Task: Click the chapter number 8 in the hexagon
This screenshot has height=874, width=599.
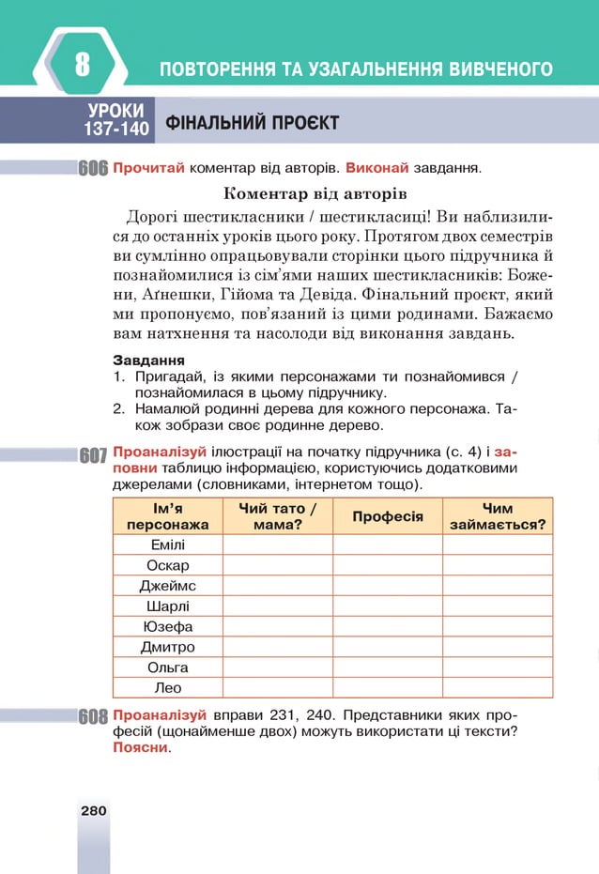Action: tap(83, 66)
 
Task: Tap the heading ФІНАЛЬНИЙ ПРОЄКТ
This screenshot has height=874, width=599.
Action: tap(252, 123)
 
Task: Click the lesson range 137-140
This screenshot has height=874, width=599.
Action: tap(117, 129)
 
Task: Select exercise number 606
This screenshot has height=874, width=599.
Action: tap(93, 170)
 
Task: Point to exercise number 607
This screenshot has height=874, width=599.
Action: tap(93, 456)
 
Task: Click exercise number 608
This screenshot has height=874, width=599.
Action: tap(93, 718)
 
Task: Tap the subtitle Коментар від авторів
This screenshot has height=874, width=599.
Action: tap(315, 195)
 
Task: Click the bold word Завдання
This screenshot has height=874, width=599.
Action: tap(148, 360)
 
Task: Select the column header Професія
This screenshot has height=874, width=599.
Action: tap(388, 516)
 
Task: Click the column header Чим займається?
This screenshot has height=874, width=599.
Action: tap(498, 516)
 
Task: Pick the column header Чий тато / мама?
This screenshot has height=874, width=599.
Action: tap(278, 516)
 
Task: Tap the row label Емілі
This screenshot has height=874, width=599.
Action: tap(168, 544)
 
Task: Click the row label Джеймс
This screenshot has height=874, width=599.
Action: tap(168, 586)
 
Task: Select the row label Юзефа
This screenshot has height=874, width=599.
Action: tap(168, 626)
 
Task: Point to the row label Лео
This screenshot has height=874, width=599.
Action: tap(168, 687)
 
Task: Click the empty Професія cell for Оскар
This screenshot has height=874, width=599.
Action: tap(388, 565)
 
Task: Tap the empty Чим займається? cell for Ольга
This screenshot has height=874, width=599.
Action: tap(498, 667)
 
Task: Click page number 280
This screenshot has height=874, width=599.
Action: tap(94, 810)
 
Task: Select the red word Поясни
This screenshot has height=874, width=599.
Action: tap(141, 748)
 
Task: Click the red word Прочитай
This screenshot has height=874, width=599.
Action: tap(148, 169)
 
